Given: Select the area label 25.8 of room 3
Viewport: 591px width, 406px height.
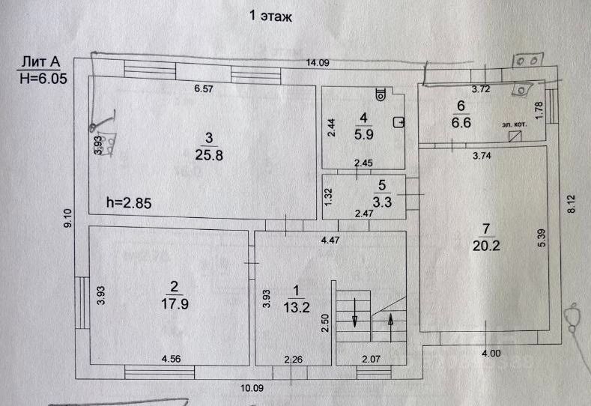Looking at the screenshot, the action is click(x=210, y=156).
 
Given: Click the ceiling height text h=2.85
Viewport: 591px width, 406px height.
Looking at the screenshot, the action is click(x=128, y=202).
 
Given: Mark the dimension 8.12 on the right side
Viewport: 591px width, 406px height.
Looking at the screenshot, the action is click(x=572, y=204).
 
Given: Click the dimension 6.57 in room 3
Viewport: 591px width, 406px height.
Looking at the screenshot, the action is click(x=204, y=88).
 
